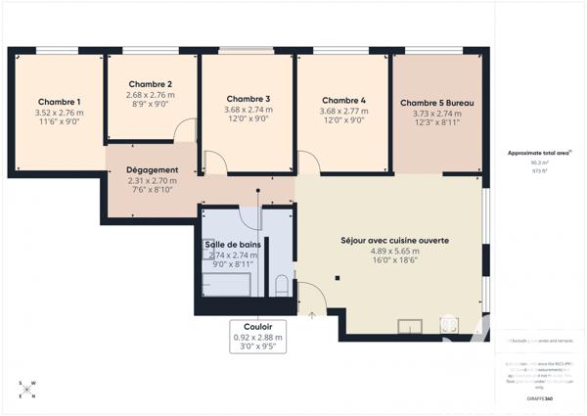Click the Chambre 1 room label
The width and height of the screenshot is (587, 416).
(x=59, y=102)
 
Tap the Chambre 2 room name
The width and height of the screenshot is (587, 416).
(x=151, y=84)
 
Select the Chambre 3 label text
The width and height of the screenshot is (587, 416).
(x=248, y=98)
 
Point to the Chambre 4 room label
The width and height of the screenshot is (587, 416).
(x=343, y=100)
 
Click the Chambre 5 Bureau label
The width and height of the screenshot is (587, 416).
(x=438, y=103)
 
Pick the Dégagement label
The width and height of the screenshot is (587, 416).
(x=153, y=169)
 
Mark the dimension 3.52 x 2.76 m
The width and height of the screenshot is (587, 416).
(x=59, y=113)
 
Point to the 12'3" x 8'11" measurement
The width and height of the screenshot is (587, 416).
(x=438, y=124)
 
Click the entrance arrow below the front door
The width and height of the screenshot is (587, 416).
(x=312, y=315)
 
